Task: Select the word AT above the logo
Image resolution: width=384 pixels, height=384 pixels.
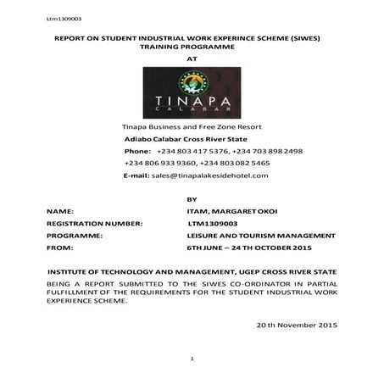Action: point(191,61)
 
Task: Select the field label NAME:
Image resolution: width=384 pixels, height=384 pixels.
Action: point(60,209)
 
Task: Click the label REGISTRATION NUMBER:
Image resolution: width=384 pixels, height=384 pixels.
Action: point(93,221)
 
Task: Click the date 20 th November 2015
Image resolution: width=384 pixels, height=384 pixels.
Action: point(296,326)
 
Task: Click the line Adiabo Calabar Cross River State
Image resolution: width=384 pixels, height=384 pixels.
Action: point(185,137)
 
